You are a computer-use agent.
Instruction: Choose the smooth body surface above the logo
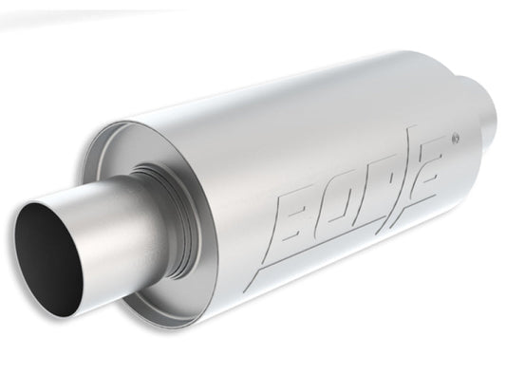323,123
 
